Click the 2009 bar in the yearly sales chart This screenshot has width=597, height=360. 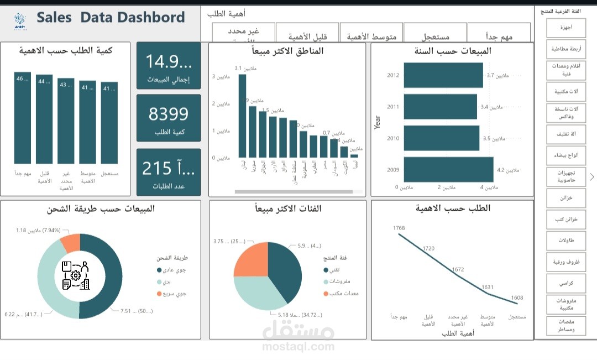pyautogui.click(x=448, y=169)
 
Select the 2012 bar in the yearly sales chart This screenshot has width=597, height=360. pyautogui.click(x=443, y=75)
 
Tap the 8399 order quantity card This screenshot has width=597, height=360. pyautogui.click(x=168, y=114)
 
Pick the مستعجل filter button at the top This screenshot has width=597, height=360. pyautogui.click(x=434, y=36)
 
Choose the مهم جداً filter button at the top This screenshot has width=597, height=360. pyautogui.click(x=499, y=36)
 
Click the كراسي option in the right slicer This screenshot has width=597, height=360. pyautogui.click(x=566, y=283)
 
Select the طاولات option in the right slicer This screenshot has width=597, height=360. pyautogui.click(x=566, y=241)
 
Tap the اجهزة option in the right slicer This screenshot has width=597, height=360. pyautogui.click(x=566, y=27)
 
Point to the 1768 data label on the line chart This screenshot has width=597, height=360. pyautogui.click(x=399, y=228)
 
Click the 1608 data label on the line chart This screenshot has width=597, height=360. pyautogui.click(x=517, y=298)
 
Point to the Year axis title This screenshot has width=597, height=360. pyautogui.click(x=378, y=122)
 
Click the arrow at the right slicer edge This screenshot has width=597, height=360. pyautogui.click(x=592, y=177)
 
